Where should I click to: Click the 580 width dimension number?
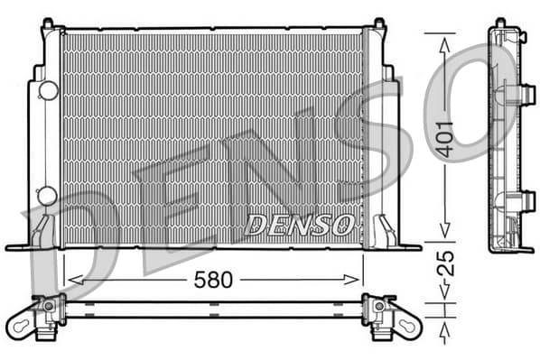point(213,280)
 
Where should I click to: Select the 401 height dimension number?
point(444,139)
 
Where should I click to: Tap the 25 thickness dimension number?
point(445,263)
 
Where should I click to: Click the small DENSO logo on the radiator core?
point(299,225)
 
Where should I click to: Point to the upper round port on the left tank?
point(48,90)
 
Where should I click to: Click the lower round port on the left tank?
point(47,196)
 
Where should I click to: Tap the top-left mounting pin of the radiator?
point(48,23)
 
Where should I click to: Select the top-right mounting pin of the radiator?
point(379,23)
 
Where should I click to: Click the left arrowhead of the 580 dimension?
point(75,280)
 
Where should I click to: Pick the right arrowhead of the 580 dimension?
point(351,280)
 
